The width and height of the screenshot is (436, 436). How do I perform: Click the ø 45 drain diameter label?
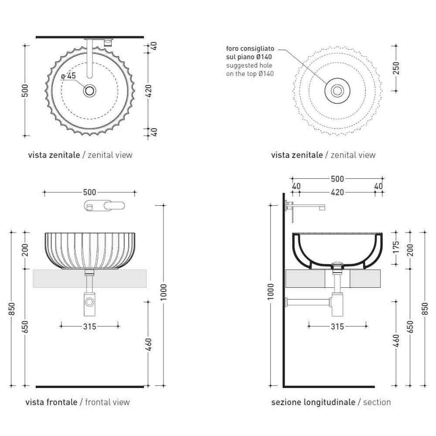[68, 75]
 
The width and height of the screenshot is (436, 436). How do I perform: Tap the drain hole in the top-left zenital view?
[90, 91]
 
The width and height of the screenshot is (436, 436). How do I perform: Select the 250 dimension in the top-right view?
[396, 68]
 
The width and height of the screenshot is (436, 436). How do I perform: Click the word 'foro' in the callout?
[232, 49]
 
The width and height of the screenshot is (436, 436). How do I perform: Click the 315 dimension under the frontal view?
[89, 327]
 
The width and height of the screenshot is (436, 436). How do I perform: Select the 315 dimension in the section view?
[337, 327]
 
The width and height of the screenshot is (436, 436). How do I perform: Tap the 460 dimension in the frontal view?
[149, 344]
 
